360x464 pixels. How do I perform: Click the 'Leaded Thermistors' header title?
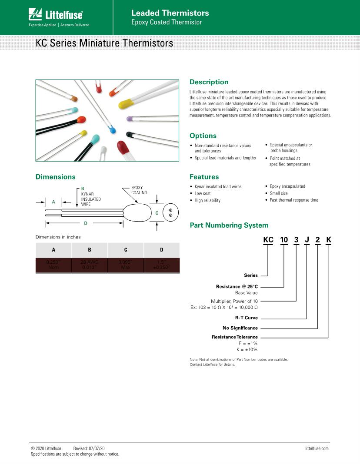pyautogui.click(x=170, y=13)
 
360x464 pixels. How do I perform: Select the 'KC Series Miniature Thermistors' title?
pyautogui.click(x=104, y=43)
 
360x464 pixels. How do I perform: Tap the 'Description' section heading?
pyautogui.click(x=209, y=82)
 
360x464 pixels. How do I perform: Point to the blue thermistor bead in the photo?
pyautogui.click(x=113, y=129)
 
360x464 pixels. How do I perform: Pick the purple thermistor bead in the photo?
pyautogui.click(x=129, y=119)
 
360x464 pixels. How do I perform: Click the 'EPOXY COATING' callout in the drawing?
pyautogui.click(x=139, y=190)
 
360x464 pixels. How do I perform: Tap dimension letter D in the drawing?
pyautogui.click(x=86, y=223)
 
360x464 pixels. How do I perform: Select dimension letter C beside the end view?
pyautogui.click(x=157, y=213)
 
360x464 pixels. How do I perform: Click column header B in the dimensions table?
pyautogui.click(x=90, y=250)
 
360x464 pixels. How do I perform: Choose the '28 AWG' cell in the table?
pyautogui.click(x=90, y=262)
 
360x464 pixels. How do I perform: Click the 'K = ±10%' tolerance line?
pyautogui.click(x=247, y=349)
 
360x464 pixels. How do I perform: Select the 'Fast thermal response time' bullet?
pyautogui.click(x=294, y=200)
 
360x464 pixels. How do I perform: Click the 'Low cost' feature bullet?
pyautogui.click(x=203, y=193)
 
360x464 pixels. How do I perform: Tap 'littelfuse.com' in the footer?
pyautogui.click(x=317, y=448)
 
